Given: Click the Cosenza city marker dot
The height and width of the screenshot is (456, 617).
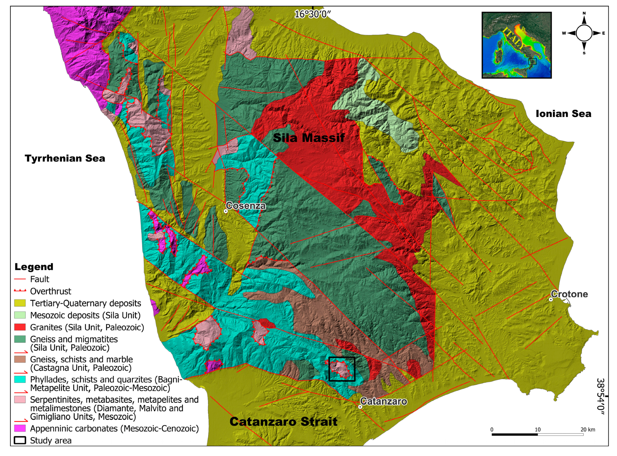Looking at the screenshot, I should [225, 211].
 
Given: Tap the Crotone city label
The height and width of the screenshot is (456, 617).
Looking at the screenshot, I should [569, 294].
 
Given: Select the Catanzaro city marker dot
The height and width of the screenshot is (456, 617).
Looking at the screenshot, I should [360, 407].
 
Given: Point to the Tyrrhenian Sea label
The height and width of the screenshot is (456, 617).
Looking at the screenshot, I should [65, 158].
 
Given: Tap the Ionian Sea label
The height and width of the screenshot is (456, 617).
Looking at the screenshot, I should [564, 114].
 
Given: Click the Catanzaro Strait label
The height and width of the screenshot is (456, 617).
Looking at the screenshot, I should [283, 421].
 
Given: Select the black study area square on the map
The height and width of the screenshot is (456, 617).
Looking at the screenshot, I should [342, 369].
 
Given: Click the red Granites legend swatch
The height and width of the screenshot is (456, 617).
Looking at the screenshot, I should [20, 327].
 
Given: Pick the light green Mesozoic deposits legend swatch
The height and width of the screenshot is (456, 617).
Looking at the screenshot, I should [20, 315].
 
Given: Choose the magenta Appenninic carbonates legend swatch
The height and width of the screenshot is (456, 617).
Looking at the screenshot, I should [20, 428].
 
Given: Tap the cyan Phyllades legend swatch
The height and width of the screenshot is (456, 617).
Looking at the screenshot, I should [20, 379].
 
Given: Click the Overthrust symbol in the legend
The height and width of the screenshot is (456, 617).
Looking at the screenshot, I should [20, 291].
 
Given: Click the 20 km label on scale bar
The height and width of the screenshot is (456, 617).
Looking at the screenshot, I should [587, 430].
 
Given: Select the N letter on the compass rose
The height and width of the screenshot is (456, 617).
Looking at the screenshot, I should [584, 13].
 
